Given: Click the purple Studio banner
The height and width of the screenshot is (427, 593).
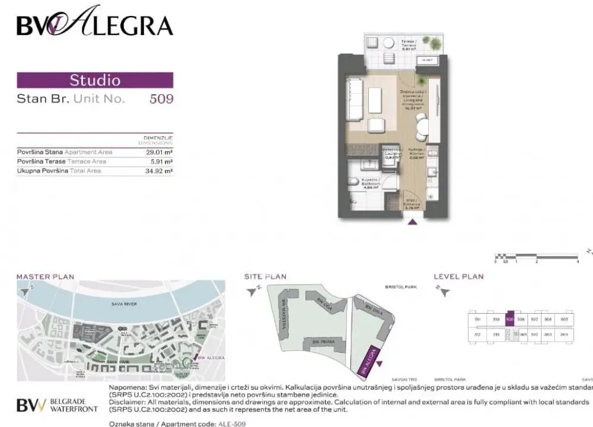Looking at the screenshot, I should click(x=95, y=80).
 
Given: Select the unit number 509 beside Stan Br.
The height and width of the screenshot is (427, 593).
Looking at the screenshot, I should click(x=161, y=99).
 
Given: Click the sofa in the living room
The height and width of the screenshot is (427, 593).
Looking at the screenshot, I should click(x=354, y=99).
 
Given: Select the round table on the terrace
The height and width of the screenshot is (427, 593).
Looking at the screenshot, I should click(x=388, y=43).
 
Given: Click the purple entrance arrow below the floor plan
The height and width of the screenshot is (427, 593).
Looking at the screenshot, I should click(x=412, y=223).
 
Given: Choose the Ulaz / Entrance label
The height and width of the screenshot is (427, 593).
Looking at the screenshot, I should click(x=412, y=203).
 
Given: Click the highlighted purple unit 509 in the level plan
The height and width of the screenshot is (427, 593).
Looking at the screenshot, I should click(x=509, y=320).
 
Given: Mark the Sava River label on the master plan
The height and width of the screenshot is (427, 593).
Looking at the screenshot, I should click(x=124, y=304).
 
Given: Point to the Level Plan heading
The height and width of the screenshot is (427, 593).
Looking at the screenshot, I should click(x=458, y=276).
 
